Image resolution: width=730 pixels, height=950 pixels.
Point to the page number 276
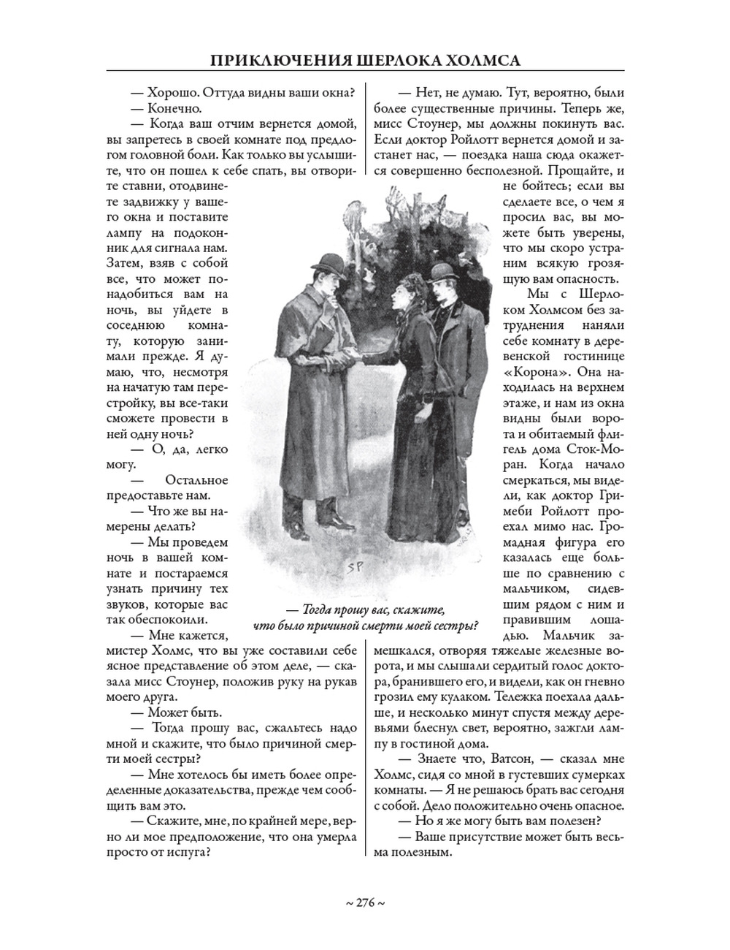[364, 903]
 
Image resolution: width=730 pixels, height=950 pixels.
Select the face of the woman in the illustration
[404, 299]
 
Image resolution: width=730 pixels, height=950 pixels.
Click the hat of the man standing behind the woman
[441, 273]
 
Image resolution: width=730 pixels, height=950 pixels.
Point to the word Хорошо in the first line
[171, 93]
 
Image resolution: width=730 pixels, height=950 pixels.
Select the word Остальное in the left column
[196, 480]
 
